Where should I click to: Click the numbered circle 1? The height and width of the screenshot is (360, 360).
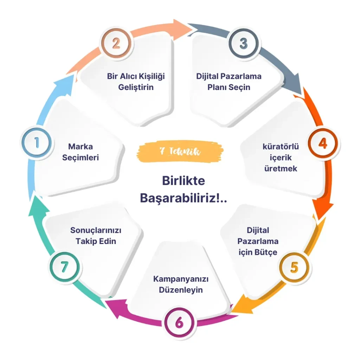[x=37, y=143]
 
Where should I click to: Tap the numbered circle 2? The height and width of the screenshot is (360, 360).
[x=116, y=43]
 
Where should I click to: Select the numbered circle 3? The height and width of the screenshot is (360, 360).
[x=244, y=43]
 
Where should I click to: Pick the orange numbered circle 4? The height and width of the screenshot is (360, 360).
[x=323, y=144]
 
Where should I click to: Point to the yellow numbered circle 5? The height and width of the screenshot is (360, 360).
[x=294, y=267]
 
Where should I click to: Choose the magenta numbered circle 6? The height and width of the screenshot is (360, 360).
[x=179, y=322]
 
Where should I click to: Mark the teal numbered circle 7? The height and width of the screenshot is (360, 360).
[x=65, y=267]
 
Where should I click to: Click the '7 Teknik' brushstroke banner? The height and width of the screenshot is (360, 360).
[x=180, y=152]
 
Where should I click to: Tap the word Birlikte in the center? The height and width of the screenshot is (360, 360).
[x=184, y=181]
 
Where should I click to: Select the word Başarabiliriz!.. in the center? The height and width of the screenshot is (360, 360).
[x=184, y=198]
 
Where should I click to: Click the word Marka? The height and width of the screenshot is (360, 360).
[x=81, y=147]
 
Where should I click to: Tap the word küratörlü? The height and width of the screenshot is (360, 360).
[x=281, y=147]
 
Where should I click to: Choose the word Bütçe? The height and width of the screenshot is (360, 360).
[x=266, y=252]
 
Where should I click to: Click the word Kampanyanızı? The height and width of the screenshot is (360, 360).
[x=181, y=279]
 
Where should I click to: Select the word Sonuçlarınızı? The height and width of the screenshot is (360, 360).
[x=96, y=230]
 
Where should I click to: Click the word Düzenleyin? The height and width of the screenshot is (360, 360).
[x=181, y=290]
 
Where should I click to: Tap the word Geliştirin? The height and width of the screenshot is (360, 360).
[x=136, y=88]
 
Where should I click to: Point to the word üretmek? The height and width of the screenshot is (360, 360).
[x=281, y=168]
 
